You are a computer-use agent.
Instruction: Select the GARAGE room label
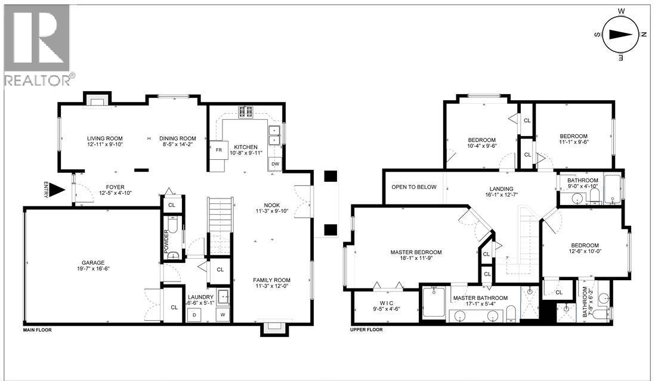pos(93,262)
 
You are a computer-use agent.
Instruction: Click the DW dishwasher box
pos(275,164)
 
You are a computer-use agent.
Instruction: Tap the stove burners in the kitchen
pos(245,110)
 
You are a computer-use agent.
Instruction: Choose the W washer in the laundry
pos(223,314)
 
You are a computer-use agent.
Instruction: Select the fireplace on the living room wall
pos(95,99)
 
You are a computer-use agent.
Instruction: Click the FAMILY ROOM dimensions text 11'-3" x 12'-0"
pos(271,286)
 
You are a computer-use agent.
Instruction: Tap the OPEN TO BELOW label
pos(413,187)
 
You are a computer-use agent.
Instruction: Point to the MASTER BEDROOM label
pos(416,252)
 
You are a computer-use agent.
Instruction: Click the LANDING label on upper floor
pos(498,187)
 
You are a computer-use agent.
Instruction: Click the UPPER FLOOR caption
pos(366,330)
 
